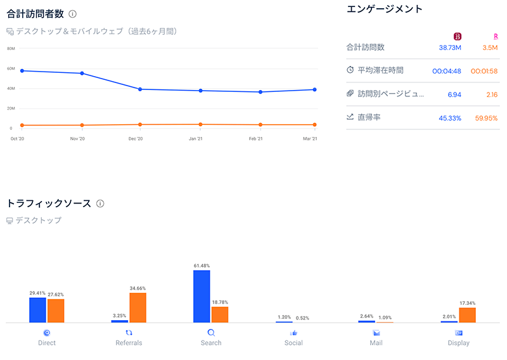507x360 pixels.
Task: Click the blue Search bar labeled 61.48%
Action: (x=202, y=297)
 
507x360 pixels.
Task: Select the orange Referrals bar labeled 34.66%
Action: (x=138, y=307)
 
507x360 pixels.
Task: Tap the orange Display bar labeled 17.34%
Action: (x=467, y=315)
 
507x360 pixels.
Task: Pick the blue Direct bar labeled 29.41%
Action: (x=37, y=310)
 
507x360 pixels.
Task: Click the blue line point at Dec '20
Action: (x=139, y=89)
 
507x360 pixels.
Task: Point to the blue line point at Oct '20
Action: (x=22, y=70)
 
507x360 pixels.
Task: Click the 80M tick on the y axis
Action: (x=11, y=48)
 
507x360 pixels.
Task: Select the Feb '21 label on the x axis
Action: (x=256, y=138)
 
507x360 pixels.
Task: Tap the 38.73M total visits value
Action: (x=450, y=48)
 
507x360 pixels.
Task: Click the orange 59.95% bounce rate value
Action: (x=484, y=118)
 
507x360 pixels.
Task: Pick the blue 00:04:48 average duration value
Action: (x=447, y=71)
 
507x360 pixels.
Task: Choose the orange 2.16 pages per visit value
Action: (x=491, y=94)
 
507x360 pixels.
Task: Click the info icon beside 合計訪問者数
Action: (x=73, y=13)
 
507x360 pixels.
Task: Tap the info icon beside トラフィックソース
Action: (x=100, y=203)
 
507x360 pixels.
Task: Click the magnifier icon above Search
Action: (x=211, y=333)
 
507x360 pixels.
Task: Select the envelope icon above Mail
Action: (x=376, y=333)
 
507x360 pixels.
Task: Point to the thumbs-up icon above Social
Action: (x=293, y=333)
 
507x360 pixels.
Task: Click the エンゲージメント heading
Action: (x=385, y=9)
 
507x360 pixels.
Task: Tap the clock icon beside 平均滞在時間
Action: (x=350, y=70)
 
